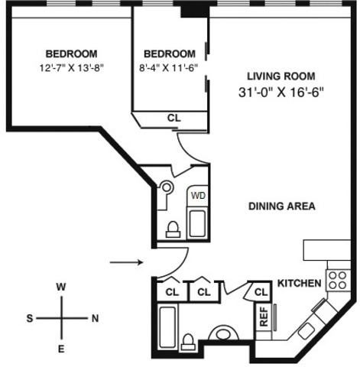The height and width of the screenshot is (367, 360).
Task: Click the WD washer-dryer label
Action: (x=198, y=196)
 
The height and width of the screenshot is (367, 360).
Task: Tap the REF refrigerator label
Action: (x=264, y=317)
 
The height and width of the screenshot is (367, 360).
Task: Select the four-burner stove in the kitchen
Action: (x=338, y=281)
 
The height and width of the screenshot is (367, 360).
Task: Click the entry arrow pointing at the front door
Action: (x=126, y=262)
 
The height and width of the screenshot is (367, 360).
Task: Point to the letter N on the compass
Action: (x=95, y=318)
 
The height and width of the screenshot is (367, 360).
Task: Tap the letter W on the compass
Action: (x=61, y=287)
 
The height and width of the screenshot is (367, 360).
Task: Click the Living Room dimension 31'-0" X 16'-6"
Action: (x=281, y=93)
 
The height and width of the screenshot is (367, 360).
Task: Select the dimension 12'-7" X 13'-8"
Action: (x=72, y=68)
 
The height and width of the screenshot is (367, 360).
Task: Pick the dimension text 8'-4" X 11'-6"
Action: (x=168, y=68)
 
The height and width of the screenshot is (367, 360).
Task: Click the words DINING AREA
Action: (x=282, y=206)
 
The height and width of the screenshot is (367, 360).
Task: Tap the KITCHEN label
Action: (x=299, y=284)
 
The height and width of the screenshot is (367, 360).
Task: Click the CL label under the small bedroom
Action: (x=174, y=118)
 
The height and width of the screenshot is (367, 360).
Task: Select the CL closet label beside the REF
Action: (x=261, y=292)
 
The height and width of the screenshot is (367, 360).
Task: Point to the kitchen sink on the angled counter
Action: (x=306, y=331)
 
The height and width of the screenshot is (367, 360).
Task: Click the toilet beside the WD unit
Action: (x=173, y=229)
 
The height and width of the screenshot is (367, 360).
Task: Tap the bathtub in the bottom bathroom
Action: (x=167, y=327)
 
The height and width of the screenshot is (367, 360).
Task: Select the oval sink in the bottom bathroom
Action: (x=224, y=333)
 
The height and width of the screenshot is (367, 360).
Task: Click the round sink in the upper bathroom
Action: (x=167, y=188)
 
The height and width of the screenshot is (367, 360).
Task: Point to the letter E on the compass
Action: (x=61, y=349)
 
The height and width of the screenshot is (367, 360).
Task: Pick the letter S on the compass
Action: (x=30, y=318)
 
